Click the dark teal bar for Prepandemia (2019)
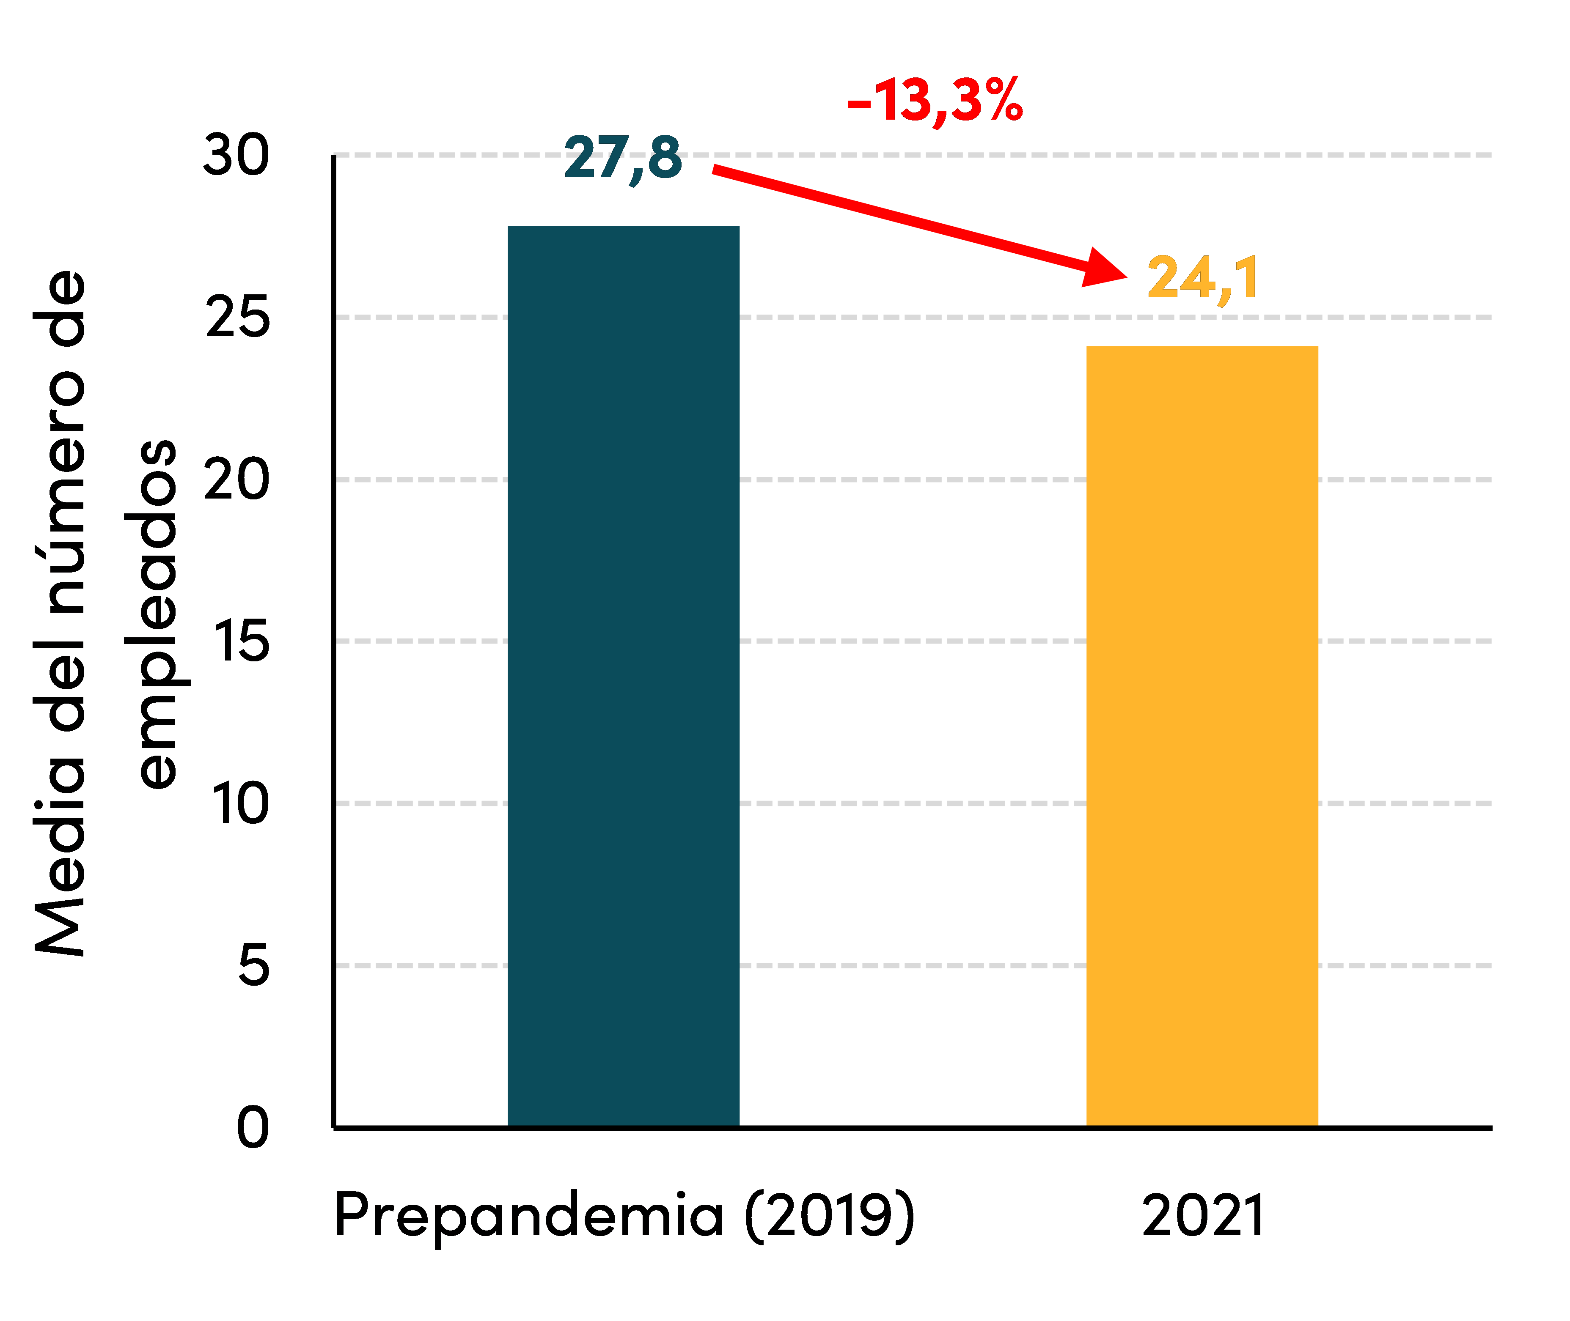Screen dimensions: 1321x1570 tap(623, 674)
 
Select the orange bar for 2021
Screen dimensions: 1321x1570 tap(1202, 734)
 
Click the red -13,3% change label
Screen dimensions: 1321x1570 tap(935, 100)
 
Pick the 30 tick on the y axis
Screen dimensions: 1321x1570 tap(236, 156)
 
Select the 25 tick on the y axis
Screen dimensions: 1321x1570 tap(237, 318)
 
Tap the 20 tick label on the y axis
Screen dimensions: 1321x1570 tap(236, 479)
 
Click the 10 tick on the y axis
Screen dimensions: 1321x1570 tap(240, 803)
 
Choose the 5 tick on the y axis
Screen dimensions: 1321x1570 tap(253, 965)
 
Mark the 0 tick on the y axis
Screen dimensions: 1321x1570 tap(253, 1127)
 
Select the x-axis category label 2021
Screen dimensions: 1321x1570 tap(1203, 1215)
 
